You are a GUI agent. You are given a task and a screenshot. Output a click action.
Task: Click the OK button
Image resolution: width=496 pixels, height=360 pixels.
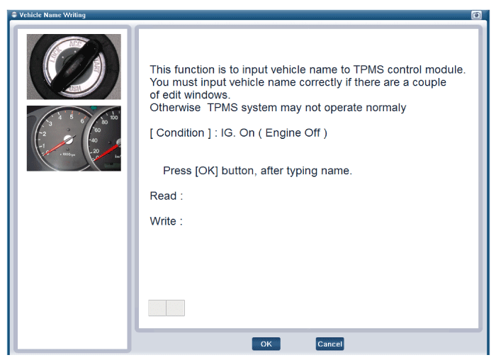[x=266, y=344]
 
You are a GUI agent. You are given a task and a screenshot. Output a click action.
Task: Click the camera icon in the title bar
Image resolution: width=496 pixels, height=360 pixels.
[x=476, y=15]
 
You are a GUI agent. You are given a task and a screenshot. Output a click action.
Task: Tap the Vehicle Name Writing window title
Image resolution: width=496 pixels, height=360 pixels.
[x=52, y=15]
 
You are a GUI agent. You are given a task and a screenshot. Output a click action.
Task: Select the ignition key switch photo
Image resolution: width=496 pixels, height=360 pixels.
[x=74, y=67]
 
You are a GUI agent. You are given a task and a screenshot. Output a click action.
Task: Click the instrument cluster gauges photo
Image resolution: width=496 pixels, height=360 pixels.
[x=74, y=139]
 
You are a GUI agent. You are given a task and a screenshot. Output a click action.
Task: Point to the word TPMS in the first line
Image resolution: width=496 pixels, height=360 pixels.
[x=368, y=69]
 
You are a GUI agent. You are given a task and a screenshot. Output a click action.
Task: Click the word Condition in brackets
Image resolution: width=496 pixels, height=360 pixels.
[x=180, y=133]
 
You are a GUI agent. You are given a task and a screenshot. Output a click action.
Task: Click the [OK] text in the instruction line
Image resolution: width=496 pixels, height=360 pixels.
[x=207, y=171]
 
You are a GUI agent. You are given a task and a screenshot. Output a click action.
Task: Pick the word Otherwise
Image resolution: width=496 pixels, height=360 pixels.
[x=175, y=108]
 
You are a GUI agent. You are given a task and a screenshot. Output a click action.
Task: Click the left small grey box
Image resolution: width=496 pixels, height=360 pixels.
[x=157, y=308]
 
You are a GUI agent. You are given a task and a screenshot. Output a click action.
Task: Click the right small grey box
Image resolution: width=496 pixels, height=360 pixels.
[x=176, y=308]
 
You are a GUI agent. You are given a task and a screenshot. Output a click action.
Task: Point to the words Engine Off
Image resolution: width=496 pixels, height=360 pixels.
[x=293, y=133]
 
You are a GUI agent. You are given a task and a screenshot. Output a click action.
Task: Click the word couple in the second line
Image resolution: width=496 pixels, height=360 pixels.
[x=429, y=83]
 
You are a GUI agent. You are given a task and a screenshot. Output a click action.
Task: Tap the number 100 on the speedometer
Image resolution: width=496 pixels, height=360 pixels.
[x=114, y=118]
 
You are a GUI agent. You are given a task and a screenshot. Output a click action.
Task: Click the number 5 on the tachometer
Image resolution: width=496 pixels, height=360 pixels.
[x=72, y=117]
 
